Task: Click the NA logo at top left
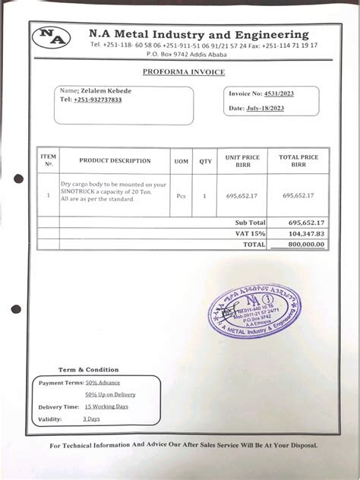pyautogui.click(x=55, y=37)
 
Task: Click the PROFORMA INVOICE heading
pyautogui.click(x=183, y=72)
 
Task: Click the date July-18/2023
pyautogui.click(x=265, y=109)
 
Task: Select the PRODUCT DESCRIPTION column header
pyautogui.click(x=115, y=161)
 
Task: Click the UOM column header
pyautogui.click(x=182, y=161)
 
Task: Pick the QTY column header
pyautogui.click(x=205, y=161)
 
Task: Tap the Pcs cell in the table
pyautogui.click(x=182, y=195)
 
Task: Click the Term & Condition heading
pyautogui.click(x=89, y=369)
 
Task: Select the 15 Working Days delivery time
pyautogui.click(x=106, y=406)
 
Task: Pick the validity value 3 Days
pyautogui.click(x=91, y=418)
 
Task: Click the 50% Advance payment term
pyautogui.click(x=103, y=382)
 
